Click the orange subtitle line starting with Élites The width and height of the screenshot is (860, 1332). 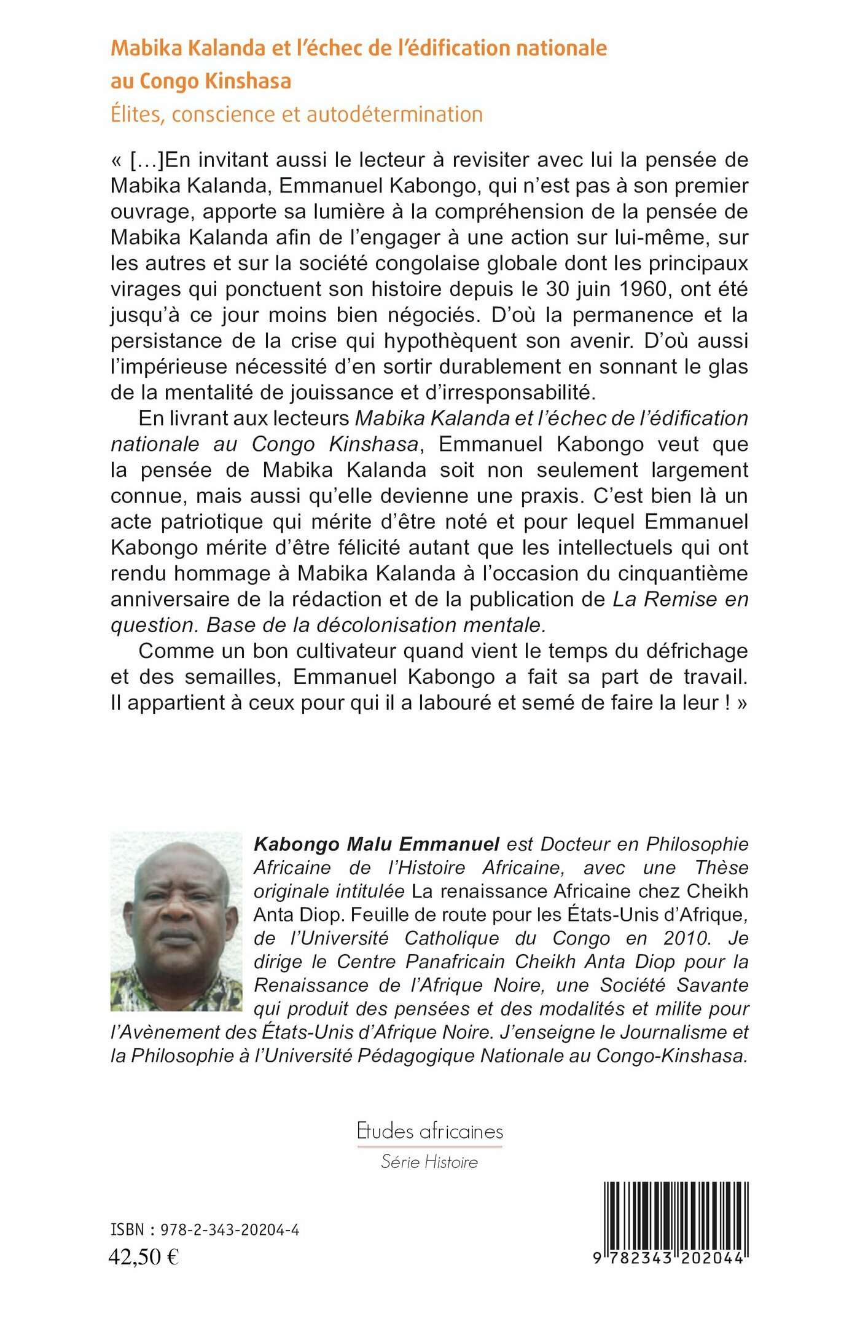pos(296,115)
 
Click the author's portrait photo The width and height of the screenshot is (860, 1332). pos(176,922)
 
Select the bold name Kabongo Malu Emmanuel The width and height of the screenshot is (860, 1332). pos(376,844)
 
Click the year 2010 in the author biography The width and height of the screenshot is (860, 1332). pos(686,938)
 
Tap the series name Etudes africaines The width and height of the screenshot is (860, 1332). pos(429,1131)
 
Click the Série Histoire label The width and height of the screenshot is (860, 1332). pos(429,1162)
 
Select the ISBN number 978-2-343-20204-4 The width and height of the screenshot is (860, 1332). pos(230,1229)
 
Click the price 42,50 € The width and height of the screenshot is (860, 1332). pos(144,1256)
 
